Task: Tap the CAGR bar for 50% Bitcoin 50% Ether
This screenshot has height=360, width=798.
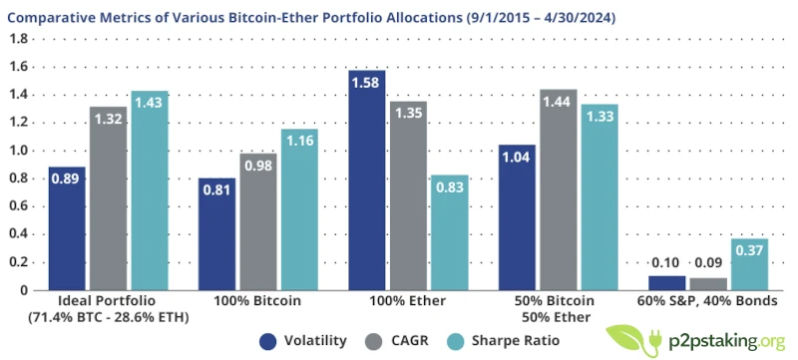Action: tap(557, 189)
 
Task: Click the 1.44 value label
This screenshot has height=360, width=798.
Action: tap(557, 101)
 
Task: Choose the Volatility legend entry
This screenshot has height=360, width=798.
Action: tap(302, 340)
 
